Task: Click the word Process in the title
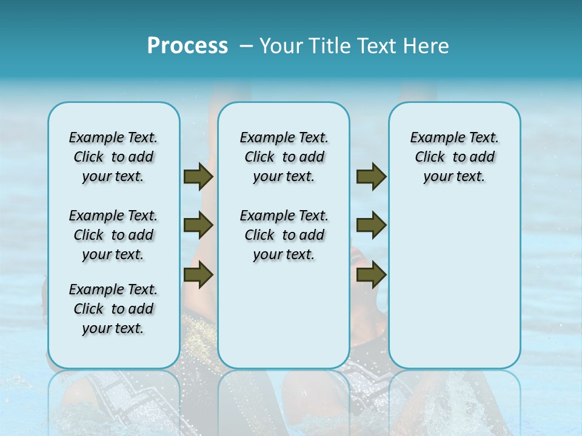pyautogui.click(x=187, y=45)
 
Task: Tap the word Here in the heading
pyautogui.click(x=427, y=45)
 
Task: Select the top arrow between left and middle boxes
pyautogui.click(x=198, y=176)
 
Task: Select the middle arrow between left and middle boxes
pyautogui.click(x=198, y=225)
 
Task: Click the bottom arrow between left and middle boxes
pyautogui.click(x=198, y=275)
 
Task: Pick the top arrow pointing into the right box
pyautogui.click(x=371, y=176)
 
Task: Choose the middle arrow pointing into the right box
pyautogui.click(x=371, y=225)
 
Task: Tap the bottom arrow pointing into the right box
pyautogui.click(x=371, y=275)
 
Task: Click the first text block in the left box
pyautogui.click(x=113, y=157)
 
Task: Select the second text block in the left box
pyautogui.click(x=113, y=235)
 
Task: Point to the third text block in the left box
pyautogui.click(x=113, y=309)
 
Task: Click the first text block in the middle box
pyautogui.click(x=284, y=157)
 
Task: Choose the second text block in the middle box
pyautogui.click(x=284, y=235)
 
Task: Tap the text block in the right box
pyautogui.click(x=454, y=157)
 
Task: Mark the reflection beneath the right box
pyautogui.click(x=454, y=394)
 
